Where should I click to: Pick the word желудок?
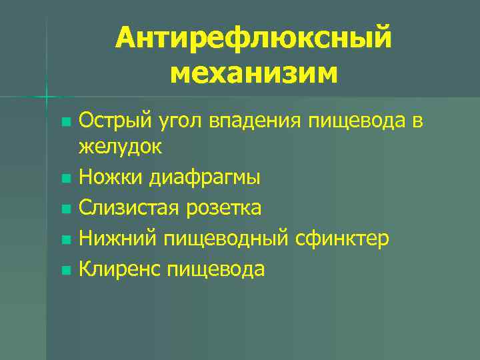pyautogui.click(x=120, y=147)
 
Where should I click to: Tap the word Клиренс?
pyautogui.click(x=120, y=269)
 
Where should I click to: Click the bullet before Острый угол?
pyautogui.click(x=65, y=122)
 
